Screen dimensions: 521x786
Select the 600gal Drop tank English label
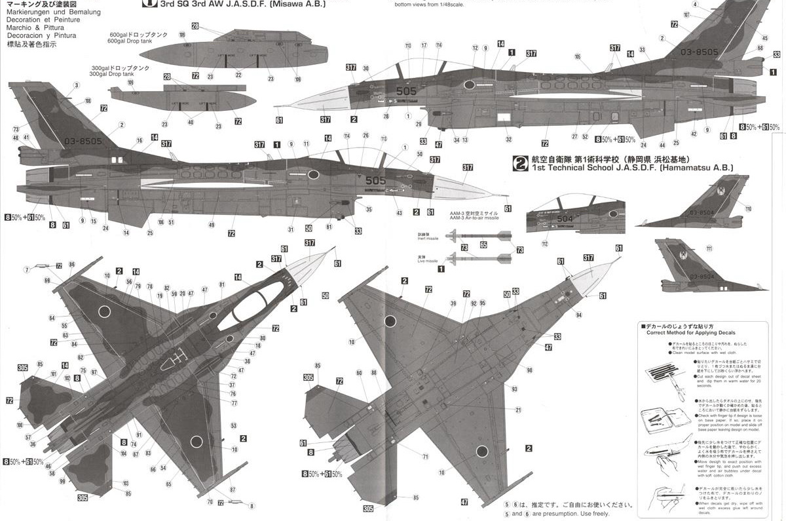pos(130,41)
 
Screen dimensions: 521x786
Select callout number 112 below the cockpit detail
pos(544,244)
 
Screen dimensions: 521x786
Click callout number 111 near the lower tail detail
pos(709,248)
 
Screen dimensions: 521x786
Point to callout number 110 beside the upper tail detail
pos(748,209)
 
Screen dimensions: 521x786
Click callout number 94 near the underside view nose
pos(579,315)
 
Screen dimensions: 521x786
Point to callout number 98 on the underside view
pos(529,370)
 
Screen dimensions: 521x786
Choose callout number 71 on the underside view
pos(425,457)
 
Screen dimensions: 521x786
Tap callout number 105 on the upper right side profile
pos(578,56)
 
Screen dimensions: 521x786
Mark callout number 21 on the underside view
pos(518,410)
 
